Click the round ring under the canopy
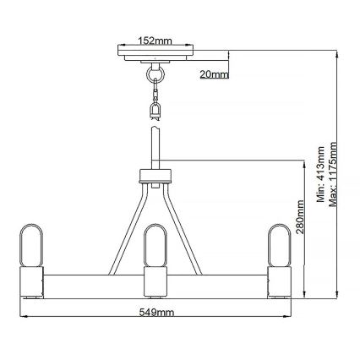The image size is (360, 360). (x=155, y=76)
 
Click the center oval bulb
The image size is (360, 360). (x=155, y=247)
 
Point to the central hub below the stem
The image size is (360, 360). (x=155, y=177)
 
